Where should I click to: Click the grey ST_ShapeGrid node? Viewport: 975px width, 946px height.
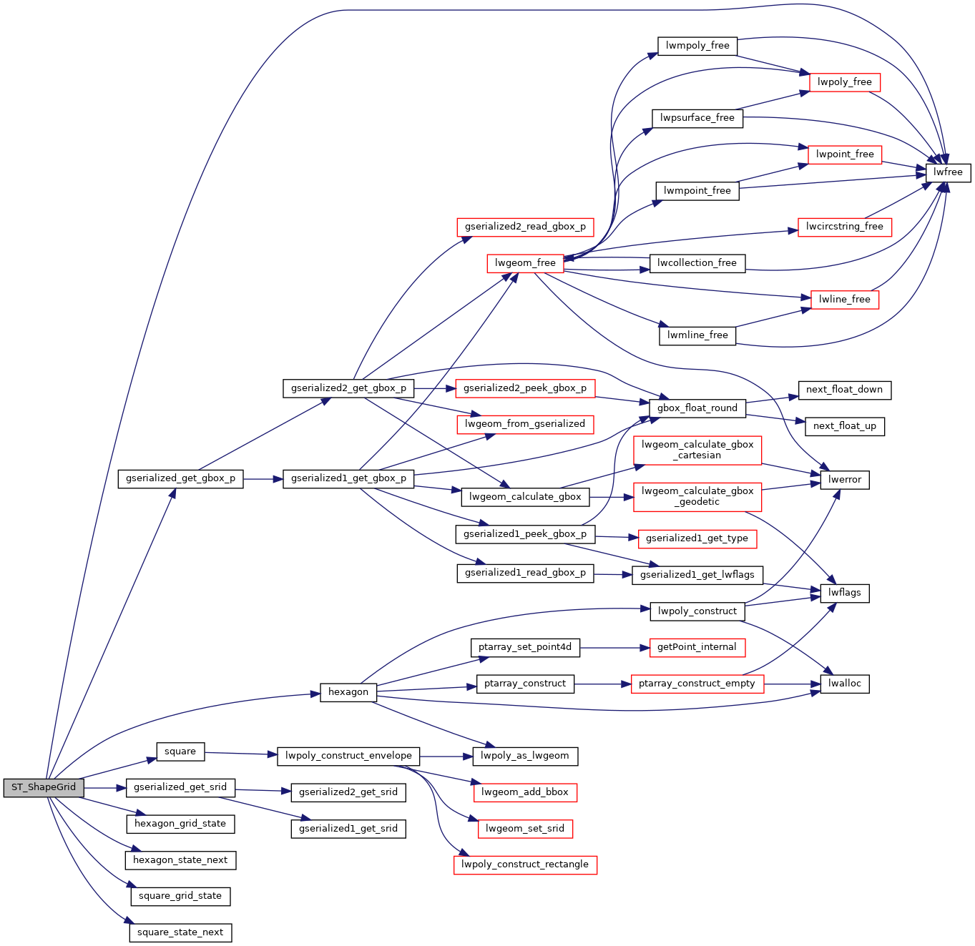pyautogui.click(x=44, y=787)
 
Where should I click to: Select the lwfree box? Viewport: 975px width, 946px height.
pyautogui.click(x=948, y=172)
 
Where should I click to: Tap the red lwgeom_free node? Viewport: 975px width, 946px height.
pyautogui.click(x=525, y=263)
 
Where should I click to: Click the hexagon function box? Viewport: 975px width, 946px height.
pyautogui.click(x=348, y=692)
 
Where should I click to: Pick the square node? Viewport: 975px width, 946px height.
pyautogui.click(x=180, y=752)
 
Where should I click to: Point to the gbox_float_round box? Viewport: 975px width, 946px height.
pyautogui.click(x=697, y=408)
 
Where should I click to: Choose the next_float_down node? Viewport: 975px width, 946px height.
pyautogui.click(x=844, y=390)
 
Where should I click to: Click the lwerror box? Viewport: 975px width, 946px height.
pyautogui.click(x=845, y=480)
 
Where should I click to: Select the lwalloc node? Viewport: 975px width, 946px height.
pyautogui.click(x=845, y=684)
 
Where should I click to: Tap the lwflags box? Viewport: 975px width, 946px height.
pyautogui.click(x=845, y=593)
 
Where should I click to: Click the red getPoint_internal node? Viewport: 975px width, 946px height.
pyautogui.click(x=697, y=647)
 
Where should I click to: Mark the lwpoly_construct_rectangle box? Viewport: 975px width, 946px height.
pyautogui.click(x=525, y=864)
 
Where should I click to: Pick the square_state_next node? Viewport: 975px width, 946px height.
pyautogui.click(x=180, y=932)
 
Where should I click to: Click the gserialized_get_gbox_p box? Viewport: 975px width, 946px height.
pyautogui.click(x=180, y=478)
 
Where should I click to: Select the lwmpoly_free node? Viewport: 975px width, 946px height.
pyautogui.click(x=697, y=46)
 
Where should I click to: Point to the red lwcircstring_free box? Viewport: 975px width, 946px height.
pyautogui.click(x=844, y=227)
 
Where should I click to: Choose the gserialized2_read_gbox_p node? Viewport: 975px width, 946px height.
pyautogui.click(x=525, y=227)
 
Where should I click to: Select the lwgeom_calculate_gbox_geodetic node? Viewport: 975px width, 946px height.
pyautogui.click(x=697, y=496)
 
